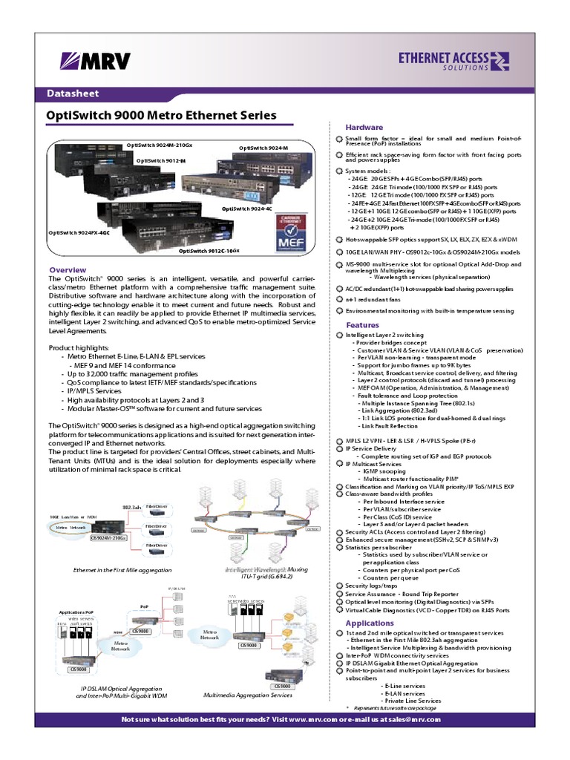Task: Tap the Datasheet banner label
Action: pyautogui.click(x=73, y=94)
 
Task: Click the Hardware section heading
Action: pyautogui.click(x=364, y=128)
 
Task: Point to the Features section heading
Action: pyautogui.click(x=363, y=325)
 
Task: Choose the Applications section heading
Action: pyautogui.click(x=370, y=623)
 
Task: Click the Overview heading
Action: pyautogui.click(x=68, y=269)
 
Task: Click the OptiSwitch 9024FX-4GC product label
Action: pyautogui.click(x=79, y=232)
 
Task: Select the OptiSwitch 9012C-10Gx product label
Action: pyautogui.click(x=209, y=252)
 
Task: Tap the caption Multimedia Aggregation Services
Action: pyautogui.click(x=248, y=695)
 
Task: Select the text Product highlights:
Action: pyautogui.click(x=79, y=347)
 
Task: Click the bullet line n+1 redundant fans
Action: pyautogui.click(x=378, y=298)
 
